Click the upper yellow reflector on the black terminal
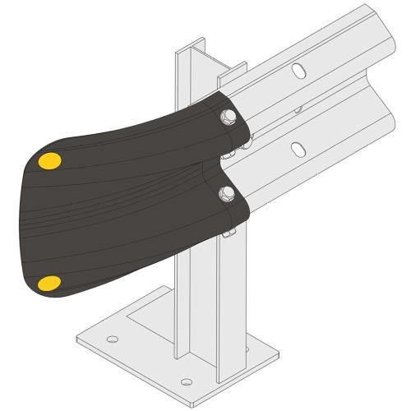pos(49,160)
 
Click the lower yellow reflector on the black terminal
pos(49,284)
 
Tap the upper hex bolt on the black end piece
pos(228,118)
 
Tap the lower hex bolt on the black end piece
pos(228,193)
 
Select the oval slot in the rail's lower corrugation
pos(302,148)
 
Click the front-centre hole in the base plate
pos(187,381)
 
